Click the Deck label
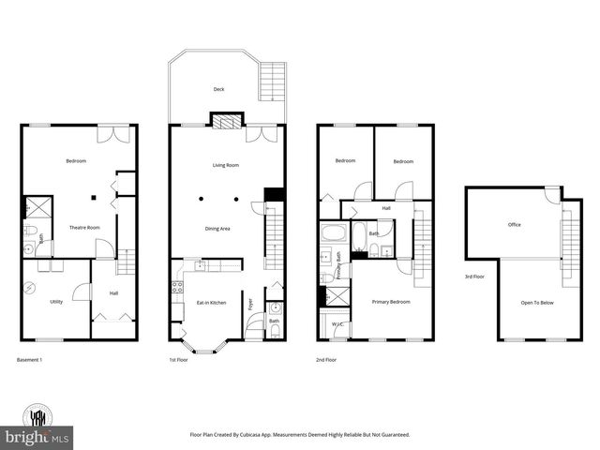pos(218,90)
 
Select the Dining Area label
pos(217,229)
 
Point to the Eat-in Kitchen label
pos(211,302)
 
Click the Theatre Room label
pos(84,228)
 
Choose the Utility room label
pos(56,301)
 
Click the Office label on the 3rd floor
pos(514,225)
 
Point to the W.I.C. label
pos(337,325)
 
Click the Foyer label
pos(250,303)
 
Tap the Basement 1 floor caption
pos(29,360)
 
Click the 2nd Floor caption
pos(329,360)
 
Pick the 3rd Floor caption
pos(475,277)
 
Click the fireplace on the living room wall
pos(224,120)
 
